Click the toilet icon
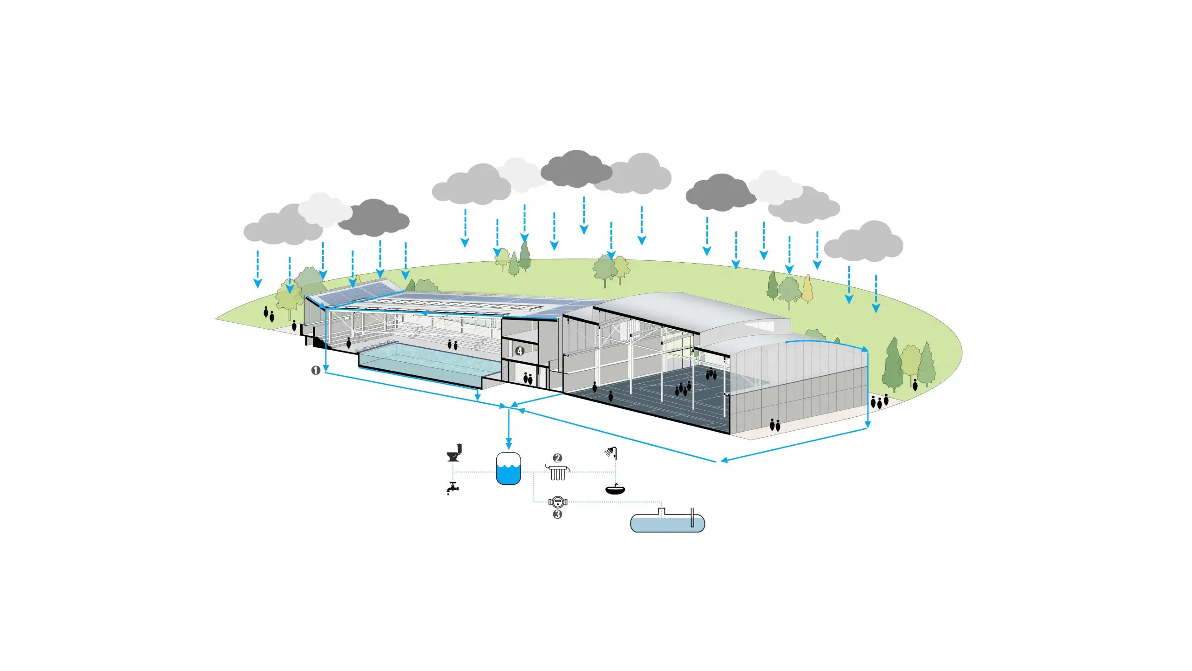[454, 453]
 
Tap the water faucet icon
[452, 488]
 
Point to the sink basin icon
[615, 489]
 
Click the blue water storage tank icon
[508, 468]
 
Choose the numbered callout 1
[315, 371]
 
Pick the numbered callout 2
[557, 458]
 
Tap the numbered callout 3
[557, 514]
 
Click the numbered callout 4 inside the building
[520, 351]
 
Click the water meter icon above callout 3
[557, 502]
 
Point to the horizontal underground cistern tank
[667, 522]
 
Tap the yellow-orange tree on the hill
[807, 289]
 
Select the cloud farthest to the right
[864, 242]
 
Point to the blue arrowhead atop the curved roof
[865, 349]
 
